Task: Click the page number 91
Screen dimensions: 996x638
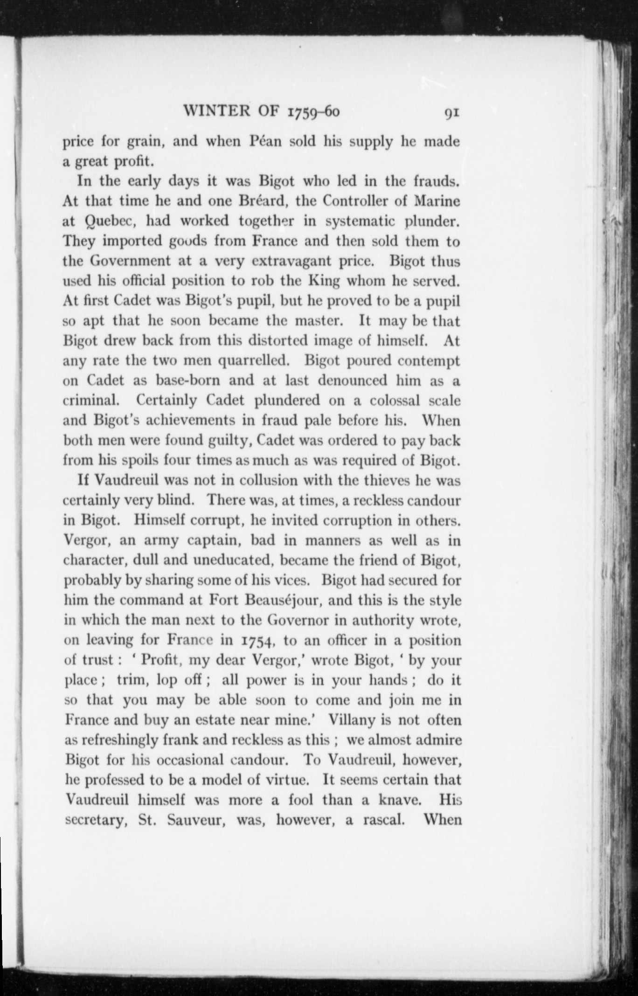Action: pos(452,113)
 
